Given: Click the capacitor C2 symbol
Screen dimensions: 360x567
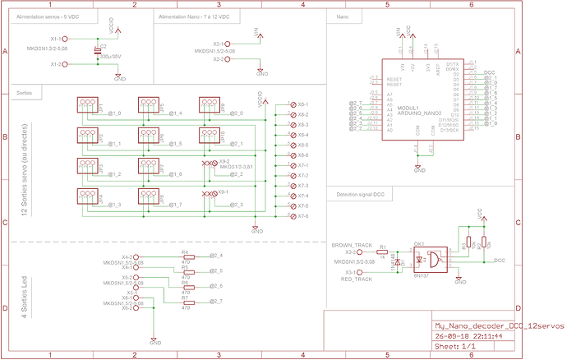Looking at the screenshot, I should [x=98, y=52].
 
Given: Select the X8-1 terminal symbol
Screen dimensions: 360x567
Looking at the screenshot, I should [x=293, y=105].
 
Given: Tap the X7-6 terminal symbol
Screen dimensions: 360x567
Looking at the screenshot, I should [x=293, y=216].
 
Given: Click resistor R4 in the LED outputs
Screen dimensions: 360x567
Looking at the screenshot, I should [x=185, y=256].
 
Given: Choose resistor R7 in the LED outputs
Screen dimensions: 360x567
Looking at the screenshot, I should [x=185, y=302].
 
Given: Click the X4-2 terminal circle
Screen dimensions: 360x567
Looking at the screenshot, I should [x=136, y=256].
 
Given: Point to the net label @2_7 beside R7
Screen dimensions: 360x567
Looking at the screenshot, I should [x=216, y=302].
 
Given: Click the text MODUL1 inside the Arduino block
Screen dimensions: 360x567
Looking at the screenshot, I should [x=408, y=108].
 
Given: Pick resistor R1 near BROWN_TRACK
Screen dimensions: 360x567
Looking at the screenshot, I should [x=382, y=252].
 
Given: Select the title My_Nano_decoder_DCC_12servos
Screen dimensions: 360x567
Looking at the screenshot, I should [x=499, y=325].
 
